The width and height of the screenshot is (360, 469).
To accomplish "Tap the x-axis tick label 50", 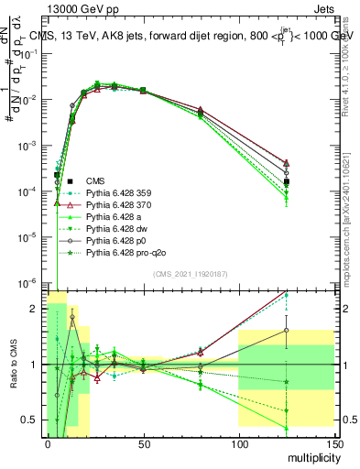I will tap(142, 442).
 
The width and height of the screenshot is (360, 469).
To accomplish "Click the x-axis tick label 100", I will tap(238, 442).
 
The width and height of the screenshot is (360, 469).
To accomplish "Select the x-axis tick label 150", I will tap(333, 442).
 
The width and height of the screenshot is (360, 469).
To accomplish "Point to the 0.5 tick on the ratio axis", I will tap(33, 420).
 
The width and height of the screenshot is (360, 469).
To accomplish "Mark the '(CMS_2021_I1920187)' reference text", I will tap(190, 274).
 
